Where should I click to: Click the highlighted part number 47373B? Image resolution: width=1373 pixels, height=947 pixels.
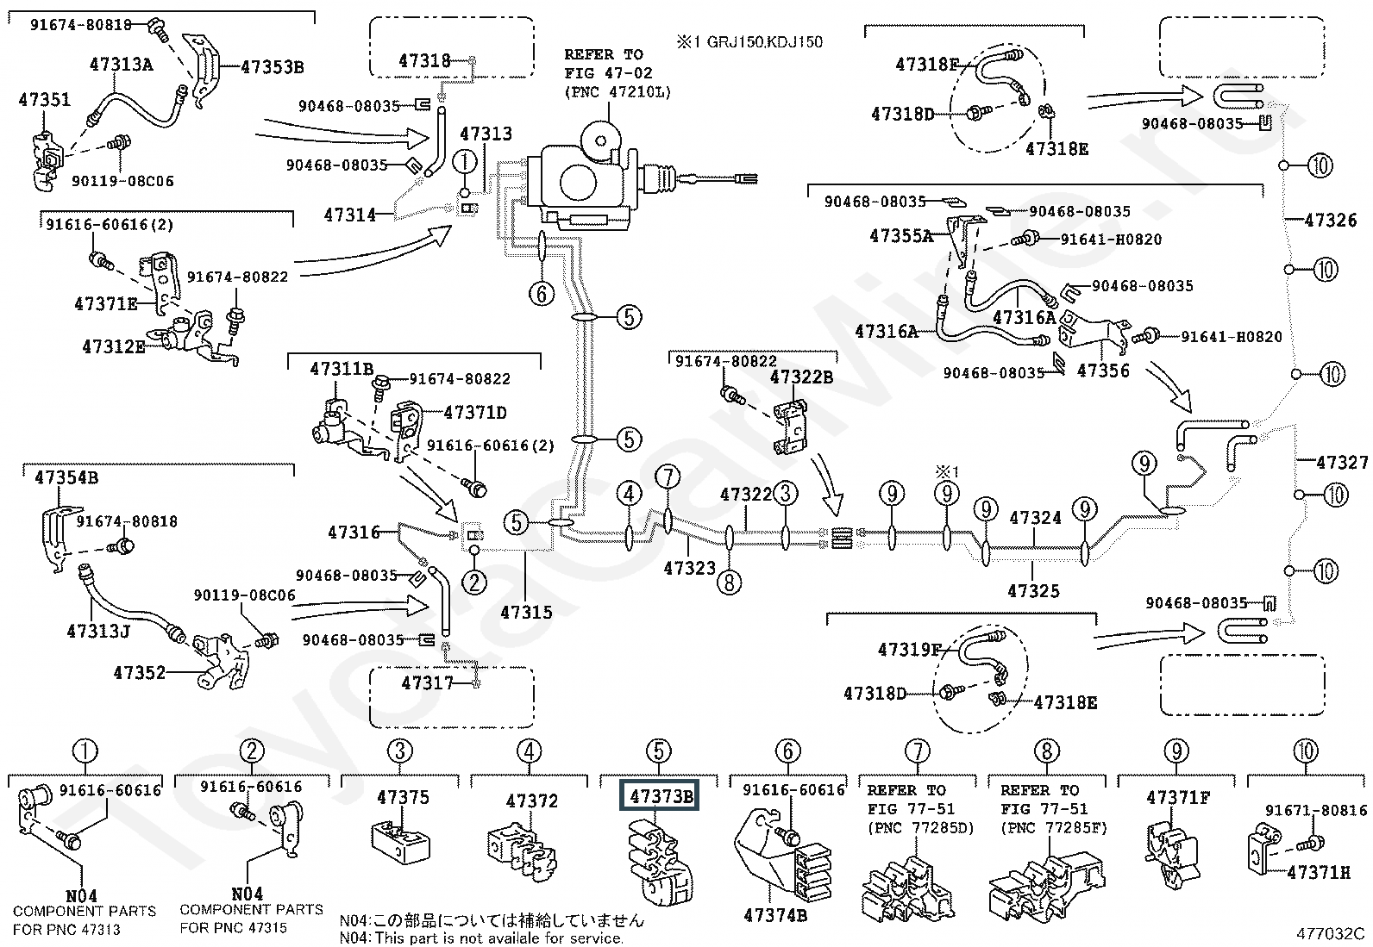(x=661, y=796)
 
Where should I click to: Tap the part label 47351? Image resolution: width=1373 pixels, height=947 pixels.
(x=44, y=101)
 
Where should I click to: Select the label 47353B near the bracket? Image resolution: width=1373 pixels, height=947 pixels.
(x=272, y=67)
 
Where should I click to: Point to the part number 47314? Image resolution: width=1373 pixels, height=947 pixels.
(x=350, y=215)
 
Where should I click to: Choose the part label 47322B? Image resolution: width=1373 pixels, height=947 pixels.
(x=801, y=377)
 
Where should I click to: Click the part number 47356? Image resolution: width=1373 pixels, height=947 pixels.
(x=1103, y=371)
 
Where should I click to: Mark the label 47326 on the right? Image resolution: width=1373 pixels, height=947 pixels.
(x=1331, y=221)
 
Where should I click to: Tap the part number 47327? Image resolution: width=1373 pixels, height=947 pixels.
(x=1341, y=463)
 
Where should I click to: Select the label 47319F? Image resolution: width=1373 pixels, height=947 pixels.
(x=910, y=650)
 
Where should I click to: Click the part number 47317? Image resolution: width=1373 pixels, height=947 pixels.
(x=427, y=682)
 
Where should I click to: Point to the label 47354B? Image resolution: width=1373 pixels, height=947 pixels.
(x=66, y=477)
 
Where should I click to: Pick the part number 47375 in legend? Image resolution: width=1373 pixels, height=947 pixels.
(x=403, y=797)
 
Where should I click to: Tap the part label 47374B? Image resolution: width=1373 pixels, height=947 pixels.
(x=775, y=915)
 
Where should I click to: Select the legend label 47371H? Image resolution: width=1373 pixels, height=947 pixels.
(x=1318, y=872)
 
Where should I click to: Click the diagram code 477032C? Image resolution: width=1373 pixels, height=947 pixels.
(x=1330, y=933)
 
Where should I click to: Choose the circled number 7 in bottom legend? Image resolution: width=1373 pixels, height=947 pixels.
(x=917, y=751)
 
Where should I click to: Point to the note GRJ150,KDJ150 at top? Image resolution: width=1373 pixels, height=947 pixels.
(x=749, y=41)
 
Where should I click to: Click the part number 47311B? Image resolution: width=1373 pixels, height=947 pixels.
(x=342, y=370)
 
